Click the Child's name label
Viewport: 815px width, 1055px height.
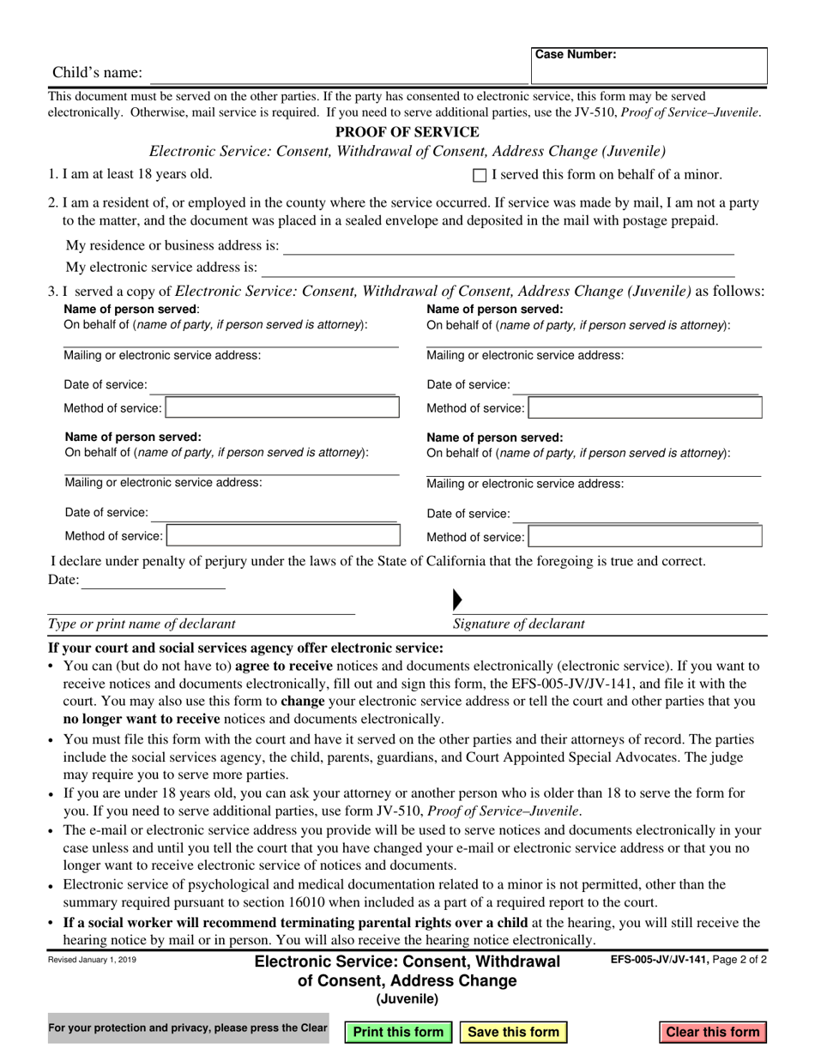[x=98, y=73]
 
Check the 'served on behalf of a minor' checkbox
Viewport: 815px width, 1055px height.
[x=480, y=176]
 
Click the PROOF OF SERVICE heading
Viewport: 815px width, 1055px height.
[x=407, y=132]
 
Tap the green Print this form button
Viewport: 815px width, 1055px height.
[x=399, y=1032]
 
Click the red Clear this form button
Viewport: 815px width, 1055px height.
[x=713, y=1032]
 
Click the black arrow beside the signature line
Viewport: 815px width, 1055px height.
[x=457, y=600]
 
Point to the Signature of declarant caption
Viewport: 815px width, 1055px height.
[x=519, y=624]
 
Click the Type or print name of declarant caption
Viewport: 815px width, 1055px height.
[x=142, y=624]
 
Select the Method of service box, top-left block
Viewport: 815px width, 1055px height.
[x=282, y=407]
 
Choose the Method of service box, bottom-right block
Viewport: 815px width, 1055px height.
[x=645, y=537]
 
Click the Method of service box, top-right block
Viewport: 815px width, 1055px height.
[x=645, y=407]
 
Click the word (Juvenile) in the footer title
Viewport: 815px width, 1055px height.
[x=407, y=998]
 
